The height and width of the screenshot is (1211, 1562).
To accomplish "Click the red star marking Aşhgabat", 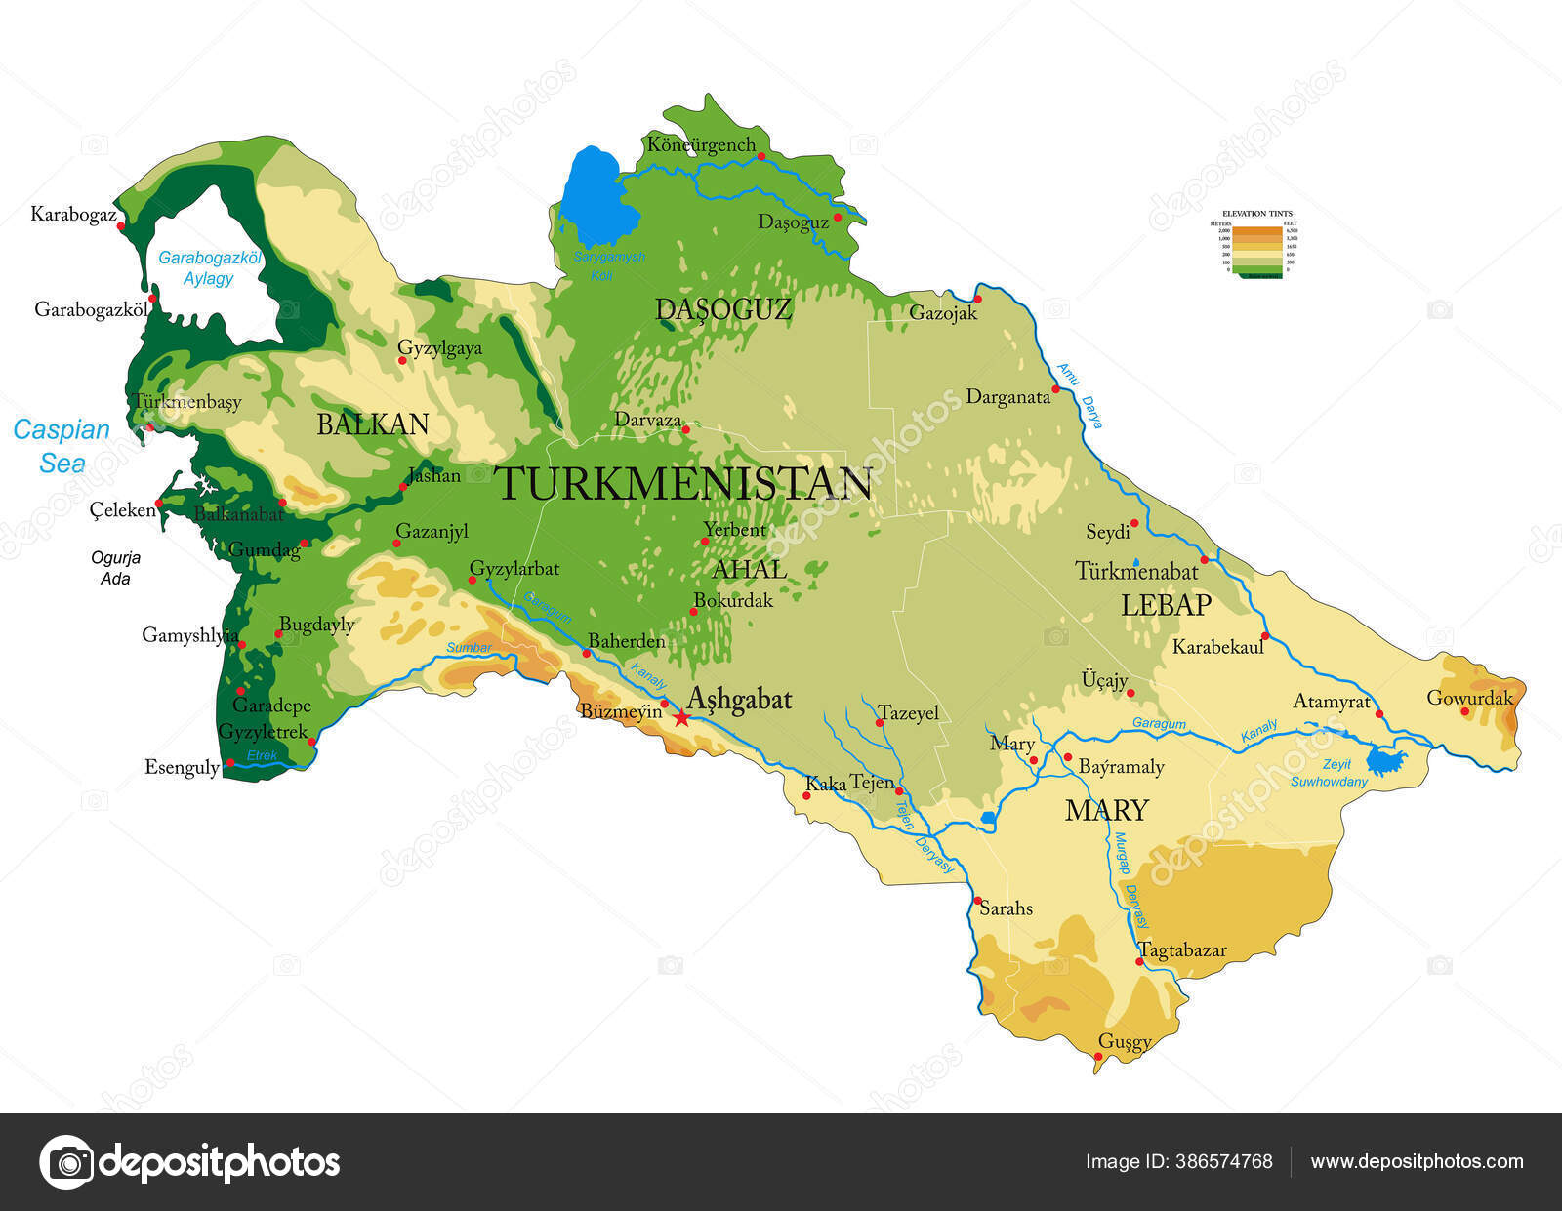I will [680, 718].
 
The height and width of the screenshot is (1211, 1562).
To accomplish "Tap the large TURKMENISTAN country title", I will [683, 484].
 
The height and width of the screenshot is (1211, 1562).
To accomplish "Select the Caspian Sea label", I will [62, 446].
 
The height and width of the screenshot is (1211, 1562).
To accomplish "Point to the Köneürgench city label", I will [701, 145].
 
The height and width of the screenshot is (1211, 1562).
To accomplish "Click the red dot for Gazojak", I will [976, 299].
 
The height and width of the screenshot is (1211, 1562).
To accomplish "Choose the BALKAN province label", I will [373, 424].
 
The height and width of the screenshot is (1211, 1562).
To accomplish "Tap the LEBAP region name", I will [1166, 605].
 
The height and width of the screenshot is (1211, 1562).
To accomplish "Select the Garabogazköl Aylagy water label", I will [209, 268].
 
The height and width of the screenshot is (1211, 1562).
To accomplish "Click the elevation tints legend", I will [1257, 244].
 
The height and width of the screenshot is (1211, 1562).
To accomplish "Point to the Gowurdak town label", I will [1469, 697].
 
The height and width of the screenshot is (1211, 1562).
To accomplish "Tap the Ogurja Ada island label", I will [115, 568].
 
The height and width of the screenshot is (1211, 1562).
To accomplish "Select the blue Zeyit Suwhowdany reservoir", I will [1383, 759].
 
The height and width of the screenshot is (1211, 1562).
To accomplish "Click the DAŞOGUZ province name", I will [723, 310].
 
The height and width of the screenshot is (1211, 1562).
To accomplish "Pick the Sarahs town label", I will [1006, 908].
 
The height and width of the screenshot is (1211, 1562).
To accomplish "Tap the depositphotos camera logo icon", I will [66, 1161].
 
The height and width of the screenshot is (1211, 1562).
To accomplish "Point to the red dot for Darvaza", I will [685, 429].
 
